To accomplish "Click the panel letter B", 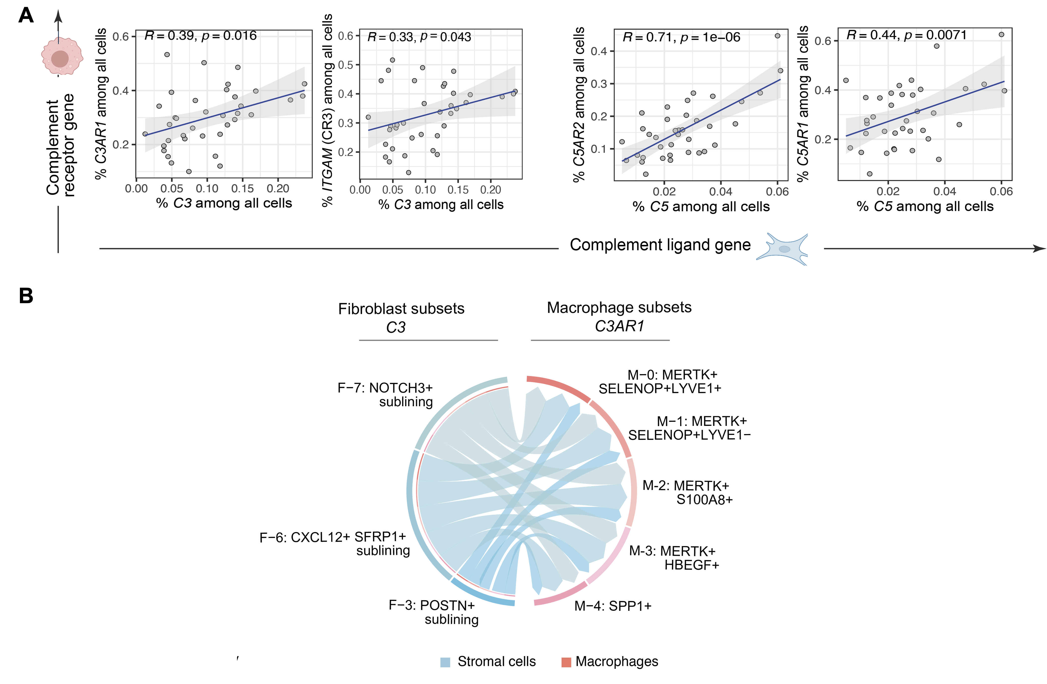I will [26, 295].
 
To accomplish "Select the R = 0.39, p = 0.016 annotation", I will [201, 36].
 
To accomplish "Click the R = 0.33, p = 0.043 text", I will [419, 37].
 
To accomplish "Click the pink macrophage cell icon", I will [62, 56].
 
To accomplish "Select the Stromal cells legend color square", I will [445, 662].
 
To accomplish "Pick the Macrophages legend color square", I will [566, 662].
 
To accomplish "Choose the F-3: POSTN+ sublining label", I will [433, 612].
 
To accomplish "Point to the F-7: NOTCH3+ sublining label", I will [385, 395].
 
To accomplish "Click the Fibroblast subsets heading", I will [401, 309].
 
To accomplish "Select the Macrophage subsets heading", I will [619, 307].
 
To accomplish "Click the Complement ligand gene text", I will [660, 245].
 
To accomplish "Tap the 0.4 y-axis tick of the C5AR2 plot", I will [598, 52].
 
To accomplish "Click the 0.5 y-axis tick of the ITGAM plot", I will [345, 65].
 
